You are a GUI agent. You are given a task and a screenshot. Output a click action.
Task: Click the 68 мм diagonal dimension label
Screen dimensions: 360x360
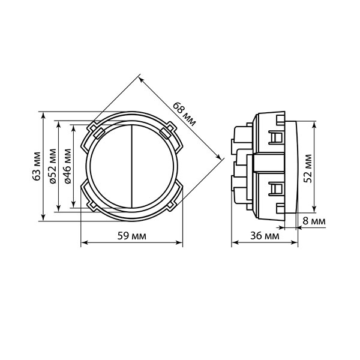pos(184,114)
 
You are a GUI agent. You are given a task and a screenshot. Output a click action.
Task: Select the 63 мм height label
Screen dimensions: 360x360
pos(37,166)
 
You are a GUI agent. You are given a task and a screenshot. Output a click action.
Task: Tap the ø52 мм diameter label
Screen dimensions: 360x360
pos(52,166)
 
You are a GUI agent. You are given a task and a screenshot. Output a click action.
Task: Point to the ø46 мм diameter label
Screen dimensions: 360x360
pos(68,166)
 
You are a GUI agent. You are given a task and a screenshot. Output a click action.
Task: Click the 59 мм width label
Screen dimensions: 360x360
pos(132,236)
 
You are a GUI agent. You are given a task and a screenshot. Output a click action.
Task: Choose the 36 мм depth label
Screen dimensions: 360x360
pos(265,236)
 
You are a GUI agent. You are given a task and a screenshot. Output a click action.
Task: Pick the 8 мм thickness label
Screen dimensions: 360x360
pos(314,221)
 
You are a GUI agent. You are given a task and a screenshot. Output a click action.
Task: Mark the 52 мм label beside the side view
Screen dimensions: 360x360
pos(308,169)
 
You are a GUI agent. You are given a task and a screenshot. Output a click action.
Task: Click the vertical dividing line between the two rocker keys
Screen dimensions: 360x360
pos(132,166)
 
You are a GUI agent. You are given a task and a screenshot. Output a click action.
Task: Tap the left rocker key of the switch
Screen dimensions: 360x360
pos(111,166)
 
